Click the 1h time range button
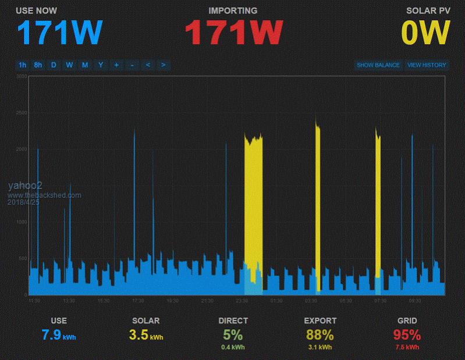(22, 65)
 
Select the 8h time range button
(38, 65)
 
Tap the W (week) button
(69, 65)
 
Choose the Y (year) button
(101, 65)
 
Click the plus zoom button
(116, 65)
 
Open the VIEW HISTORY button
(427, 65)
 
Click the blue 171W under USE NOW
(60, 33)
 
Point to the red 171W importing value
(233, 33)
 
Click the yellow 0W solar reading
(426, 33)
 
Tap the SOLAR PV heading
(428, 10)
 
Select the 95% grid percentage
(407, 334)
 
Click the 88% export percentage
(320, 334)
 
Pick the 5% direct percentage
(233, 334)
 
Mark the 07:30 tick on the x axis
(380, 301)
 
